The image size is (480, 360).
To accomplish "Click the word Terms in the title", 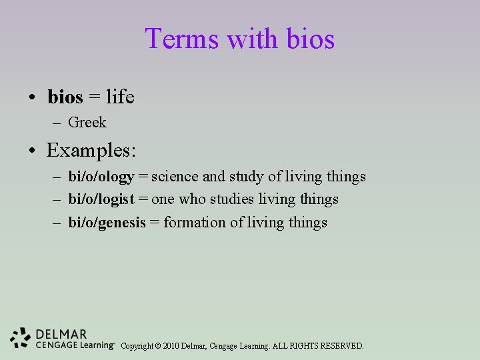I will coord(182,39).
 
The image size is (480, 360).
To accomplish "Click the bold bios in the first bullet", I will coord(65,97).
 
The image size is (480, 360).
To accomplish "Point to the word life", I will coord(120,97).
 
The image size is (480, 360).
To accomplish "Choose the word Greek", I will coord(87,123).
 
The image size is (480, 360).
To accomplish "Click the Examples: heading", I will coord(91,150).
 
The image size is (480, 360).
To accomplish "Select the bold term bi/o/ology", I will coord(101,177).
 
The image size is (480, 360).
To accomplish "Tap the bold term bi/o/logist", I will coord(101,199).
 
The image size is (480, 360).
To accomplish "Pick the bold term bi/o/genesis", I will coord(107,223).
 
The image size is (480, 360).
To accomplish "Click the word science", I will coord(175,177).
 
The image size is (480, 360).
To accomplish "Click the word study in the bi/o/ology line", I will coord(247,177).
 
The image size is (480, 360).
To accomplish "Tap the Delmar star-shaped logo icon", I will coord(21,338).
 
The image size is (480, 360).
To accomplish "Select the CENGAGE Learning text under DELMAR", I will coord(75,345).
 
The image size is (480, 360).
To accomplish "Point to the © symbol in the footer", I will coord(157,346).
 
